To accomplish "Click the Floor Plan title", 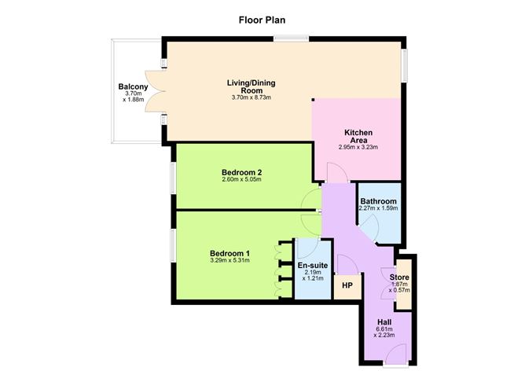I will pos(262,19).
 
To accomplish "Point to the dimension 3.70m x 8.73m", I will pos(251,97).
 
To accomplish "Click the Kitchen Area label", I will pos(358,135).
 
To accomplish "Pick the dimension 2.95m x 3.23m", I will pos(358,147).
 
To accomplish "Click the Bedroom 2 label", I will pos(241,171).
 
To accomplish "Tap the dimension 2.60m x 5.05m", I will pos(241,180).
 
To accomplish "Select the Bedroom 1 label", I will pos(229,253).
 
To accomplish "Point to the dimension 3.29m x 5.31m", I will pos(229,262).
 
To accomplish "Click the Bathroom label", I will pos(378,201).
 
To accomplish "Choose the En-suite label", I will pos(312,266).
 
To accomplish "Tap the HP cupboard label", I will pos(347,286).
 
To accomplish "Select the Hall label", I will pos(385,322).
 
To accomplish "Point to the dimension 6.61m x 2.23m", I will pos(385,335).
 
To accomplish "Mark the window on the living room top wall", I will pos(296,38).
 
